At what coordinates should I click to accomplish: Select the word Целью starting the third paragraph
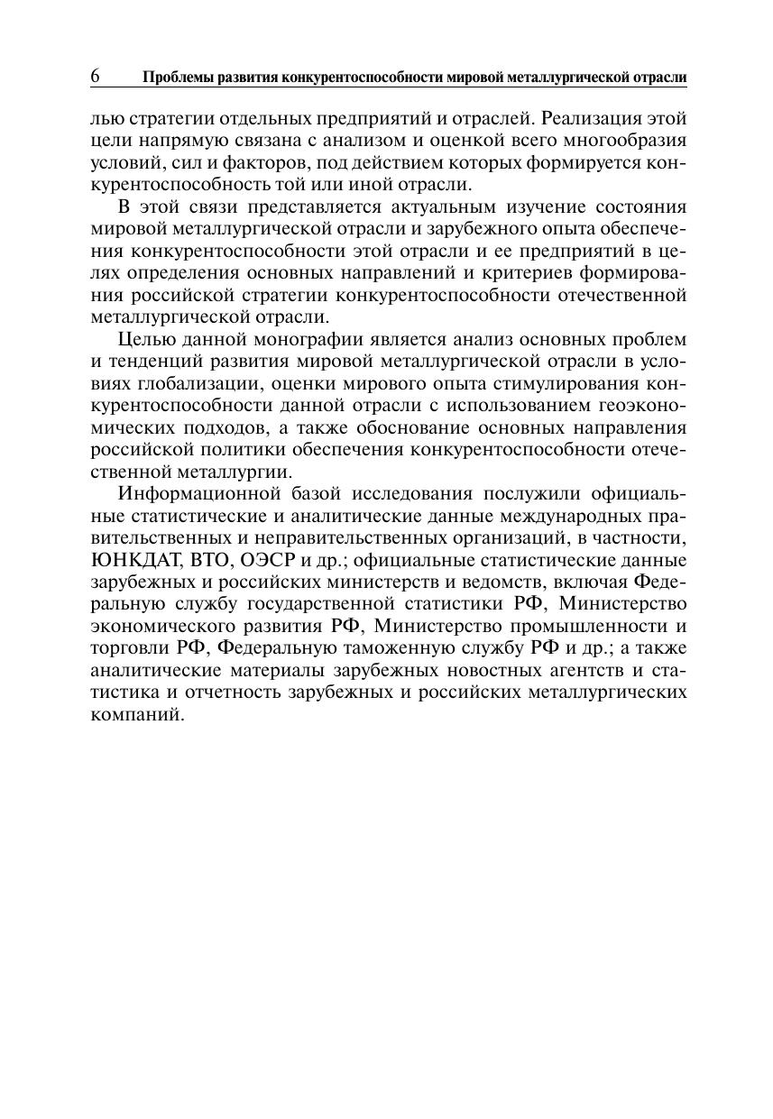coord(147,340)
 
